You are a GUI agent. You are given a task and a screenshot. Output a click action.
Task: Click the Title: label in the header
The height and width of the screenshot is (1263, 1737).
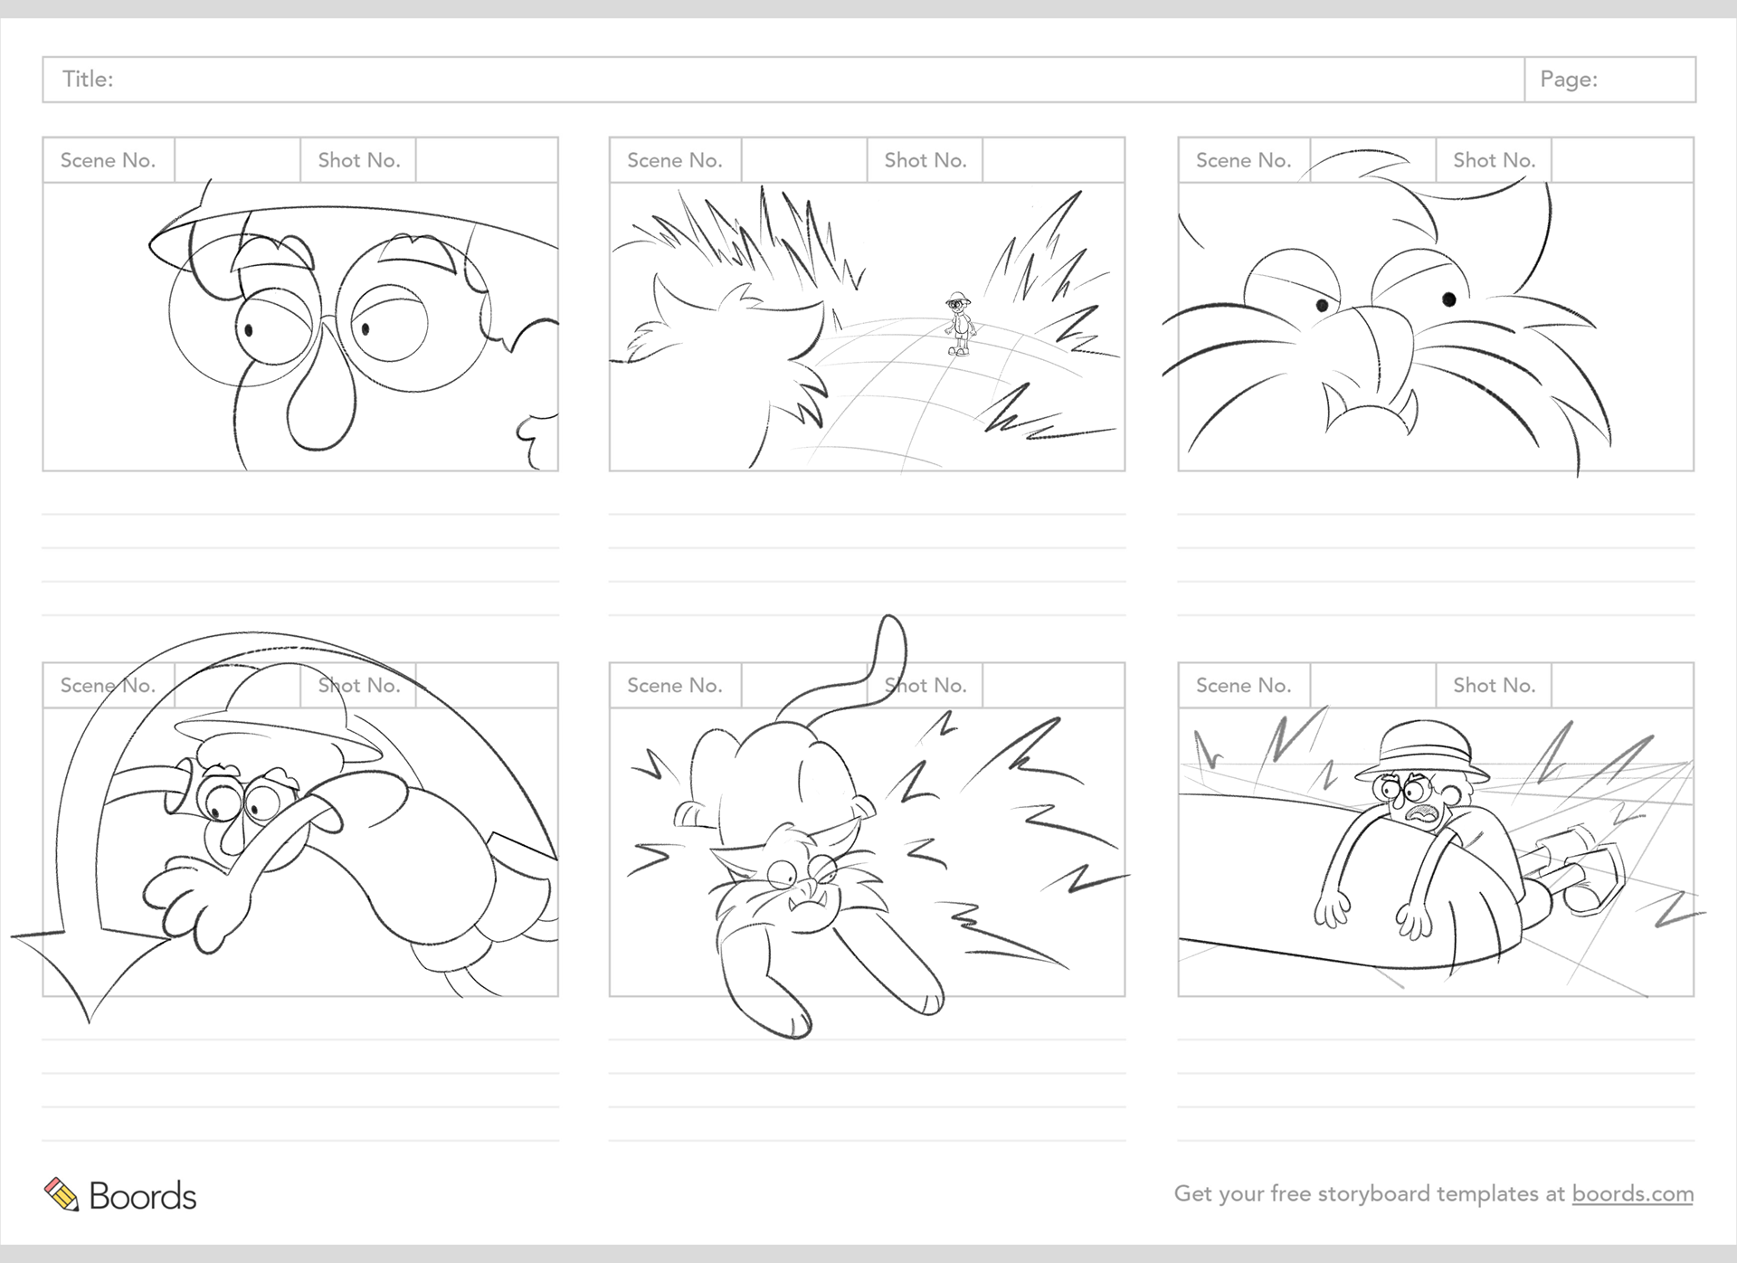[88, 80]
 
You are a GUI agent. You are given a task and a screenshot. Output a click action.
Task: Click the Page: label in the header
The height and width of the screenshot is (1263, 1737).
[1569, 80]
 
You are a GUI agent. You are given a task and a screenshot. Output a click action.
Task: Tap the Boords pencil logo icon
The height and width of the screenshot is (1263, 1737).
[62, 1194]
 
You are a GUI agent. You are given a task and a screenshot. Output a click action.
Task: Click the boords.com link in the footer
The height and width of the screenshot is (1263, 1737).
[1632, 1194]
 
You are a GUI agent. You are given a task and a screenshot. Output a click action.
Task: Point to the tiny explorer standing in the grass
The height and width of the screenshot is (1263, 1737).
[959, 323]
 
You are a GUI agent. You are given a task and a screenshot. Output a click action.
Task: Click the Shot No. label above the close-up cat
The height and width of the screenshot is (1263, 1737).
[1494, 161]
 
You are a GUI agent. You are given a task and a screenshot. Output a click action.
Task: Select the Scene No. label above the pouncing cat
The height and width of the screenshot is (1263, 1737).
[674, 686]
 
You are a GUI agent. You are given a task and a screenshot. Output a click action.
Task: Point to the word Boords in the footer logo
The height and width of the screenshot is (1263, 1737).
[143, 1196]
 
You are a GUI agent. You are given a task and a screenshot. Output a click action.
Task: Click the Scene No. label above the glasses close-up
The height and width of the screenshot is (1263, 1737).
[108, 161]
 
